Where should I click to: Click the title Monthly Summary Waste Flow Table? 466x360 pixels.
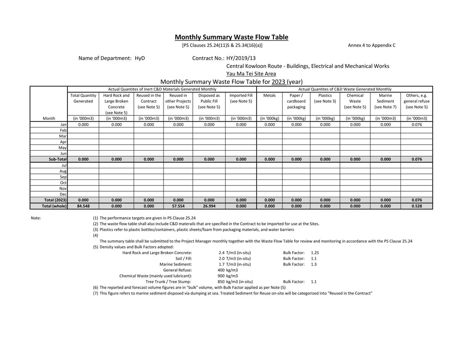point(231,37)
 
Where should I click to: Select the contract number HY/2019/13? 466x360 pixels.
point(241,58)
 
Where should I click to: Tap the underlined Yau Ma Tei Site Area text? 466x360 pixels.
point(251,74)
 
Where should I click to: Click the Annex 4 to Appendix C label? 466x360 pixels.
point(371,45)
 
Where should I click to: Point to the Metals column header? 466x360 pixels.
point(269,95)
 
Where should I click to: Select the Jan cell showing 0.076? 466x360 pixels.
point(417,125)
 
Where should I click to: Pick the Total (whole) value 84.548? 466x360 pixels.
point(83,206)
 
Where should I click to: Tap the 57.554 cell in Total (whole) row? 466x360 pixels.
point(178,206)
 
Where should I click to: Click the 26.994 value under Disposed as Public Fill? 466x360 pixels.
point(209,206)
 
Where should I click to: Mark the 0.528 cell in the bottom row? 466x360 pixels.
point(417,206)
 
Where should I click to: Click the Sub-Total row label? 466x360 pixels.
point(58,159)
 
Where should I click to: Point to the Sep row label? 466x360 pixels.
point(63,177)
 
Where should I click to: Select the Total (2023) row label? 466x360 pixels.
point(55,200)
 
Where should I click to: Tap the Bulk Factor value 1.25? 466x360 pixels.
point(315,253)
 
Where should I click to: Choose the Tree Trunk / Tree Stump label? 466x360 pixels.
point(168,282)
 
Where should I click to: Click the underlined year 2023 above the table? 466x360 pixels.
point(278,82)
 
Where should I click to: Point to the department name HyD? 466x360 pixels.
point(140,58)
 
